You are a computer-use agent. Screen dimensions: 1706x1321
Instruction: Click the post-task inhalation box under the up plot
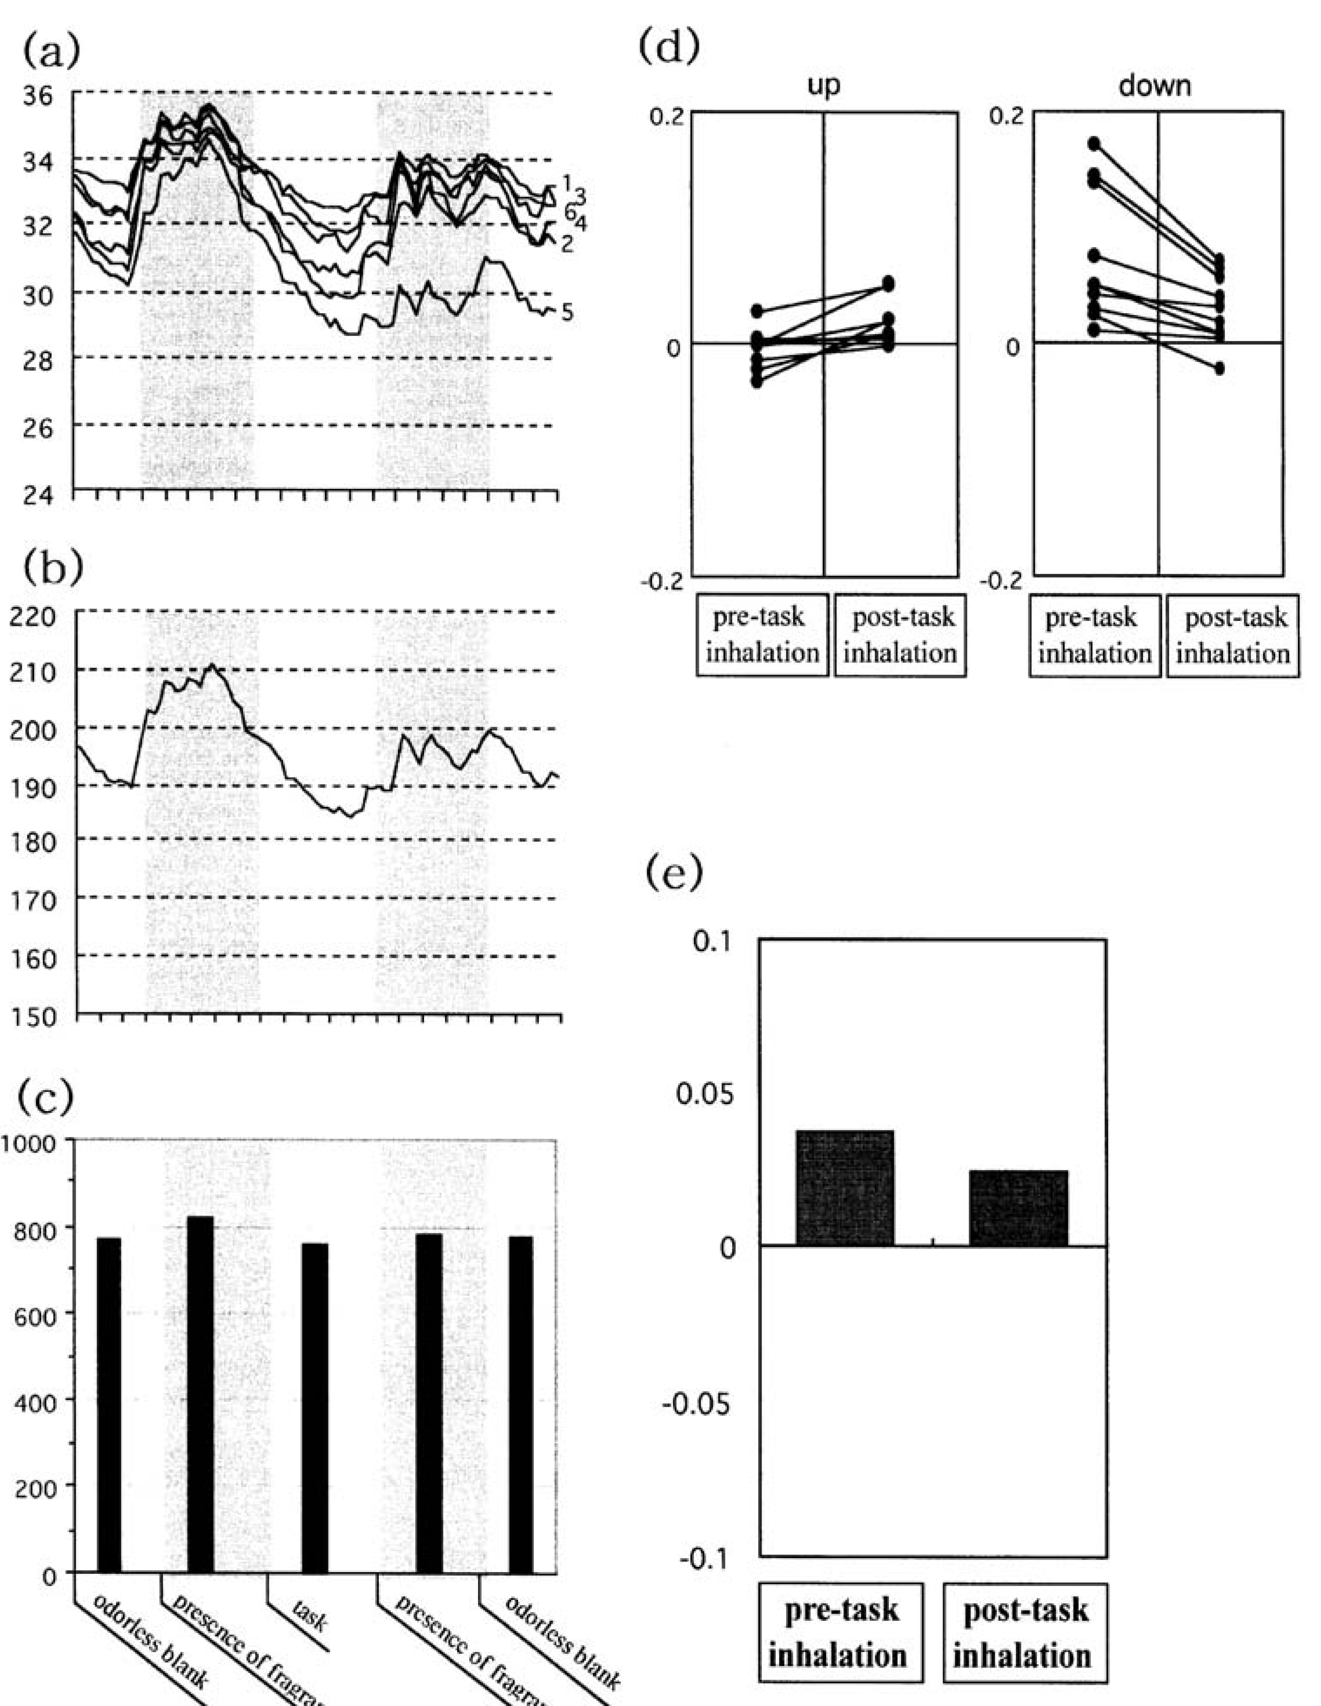(x=900, y=635)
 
